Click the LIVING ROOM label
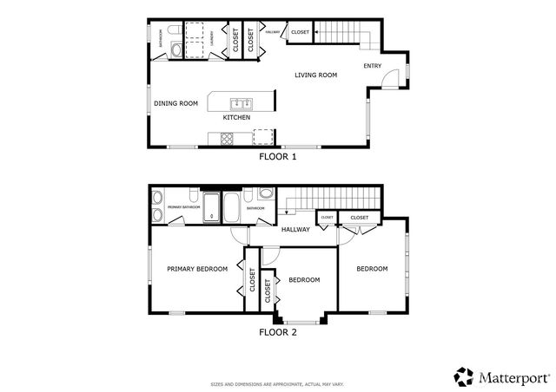(315, 75)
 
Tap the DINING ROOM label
(176, 104)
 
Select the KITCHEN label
(237, 117)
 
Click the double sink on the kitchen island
(240, 101)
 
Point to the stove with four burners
(228, 137)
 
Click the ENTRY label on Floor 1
(373, 66)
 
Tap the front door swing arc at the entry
(391, 78)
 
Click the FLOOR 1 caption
(278, 158)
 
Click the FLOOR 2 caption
(278, 331)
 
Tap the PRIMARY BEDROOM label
(197, 269)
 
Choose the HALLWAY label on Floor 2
(295, 230)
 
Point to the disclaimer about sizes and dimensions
(278, 383)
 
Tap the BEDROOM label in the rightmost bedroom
(372, 269)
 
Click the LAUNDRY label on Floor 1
(214, 38)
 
